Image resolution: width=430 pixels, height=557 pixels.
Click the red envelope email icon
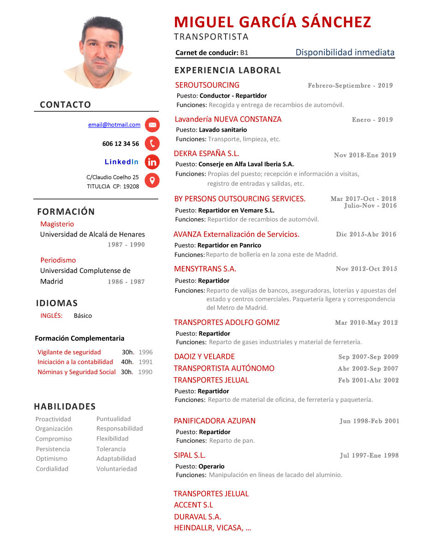tap(152, 125)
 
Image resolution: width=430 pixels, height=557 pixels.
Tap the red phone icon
tap(152, 144)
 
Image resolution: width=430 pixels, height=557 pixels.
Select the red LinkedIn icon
tap(152, 162)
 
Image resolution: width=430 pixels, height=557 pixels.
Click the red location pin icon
tap(152, 180)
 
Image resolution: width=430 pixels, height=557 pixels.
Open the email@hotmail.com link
tap(114, 125)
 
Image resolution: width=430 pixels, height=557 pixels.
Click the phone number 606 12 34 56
tap(120, 144)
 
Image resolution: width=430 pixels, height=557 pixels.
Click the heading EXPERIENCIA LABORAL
tap(227, 70)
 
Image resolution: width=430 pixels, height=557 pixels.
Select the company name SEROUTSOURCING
tap(207, 85)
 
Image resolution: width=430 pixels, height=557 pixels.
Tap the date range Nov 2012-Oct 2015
tap(366, 269)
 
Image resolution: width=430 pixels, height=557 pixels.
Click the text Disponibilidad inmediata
tap(345, 52)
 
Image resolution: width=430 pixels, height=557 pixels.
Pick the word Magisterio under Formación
tap(57, 224)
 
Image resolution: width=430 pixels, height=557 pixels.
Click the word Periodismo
tap(58, 260)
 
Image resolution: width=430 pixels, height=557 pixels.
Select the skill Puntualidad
tap(113, 419)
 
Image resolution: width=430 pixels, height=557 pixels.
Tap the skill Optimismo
tap(52, 459)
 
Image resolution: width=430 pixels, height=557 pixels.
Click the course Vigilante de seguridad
tap(69, 352)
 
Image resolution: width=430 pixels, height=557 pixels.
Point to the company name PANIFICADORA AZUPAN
tap(215, 421)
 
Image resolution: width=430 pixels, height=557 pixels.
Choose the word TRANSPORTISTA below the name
tap(211, 37)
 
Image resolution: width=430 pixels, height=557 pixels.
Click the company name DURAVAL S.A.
tap(197, 517)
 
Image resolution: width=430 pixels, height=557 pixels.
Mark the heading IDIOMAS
tap(57, 303)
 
